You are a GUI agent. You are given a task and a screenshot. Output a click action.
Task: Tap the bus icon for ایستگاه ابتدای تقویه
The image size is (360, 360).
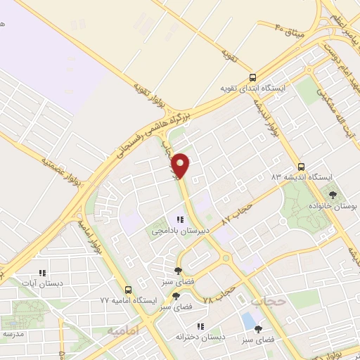252,78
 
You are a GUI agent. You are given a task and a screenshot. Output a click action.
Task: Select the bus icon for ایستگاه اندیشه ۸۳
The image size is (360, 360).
301,167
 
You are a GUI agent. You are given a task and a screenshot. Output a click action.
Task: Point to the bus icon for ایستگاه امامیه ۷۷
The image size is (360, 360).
128,290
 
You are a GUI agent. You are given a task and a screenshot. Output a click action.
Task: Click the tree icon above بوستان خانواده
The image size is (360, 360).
333,195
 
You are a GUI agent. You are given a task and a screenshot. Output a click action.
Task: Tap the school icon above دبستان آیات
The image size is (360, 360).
41,273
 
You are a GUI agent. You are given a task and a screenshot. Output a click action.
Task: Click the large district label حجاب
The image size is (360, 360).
267,301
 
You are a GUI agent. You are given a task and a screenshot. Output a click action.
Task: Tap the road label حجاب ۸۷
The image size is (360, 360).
236,212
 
